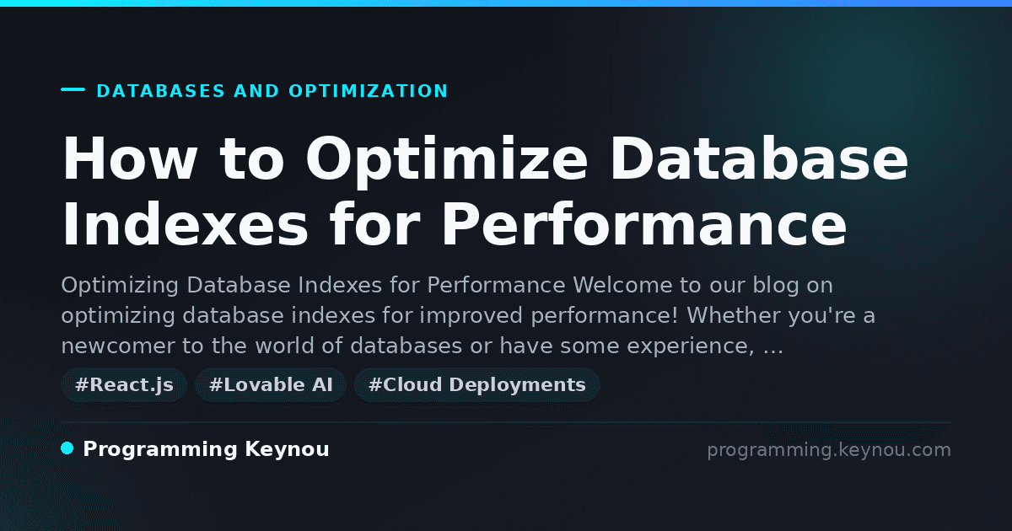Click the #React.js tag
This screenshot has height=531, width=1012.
(124, 385)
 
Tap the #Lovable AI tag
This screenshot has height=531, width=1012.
(271, 385)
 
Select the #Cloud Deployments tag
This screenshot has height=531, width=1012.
(477, 385)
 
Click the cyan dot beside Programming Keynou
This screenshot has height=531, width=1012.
(67, 448)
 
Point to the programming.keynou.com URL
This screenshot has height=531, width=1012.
(829, 450)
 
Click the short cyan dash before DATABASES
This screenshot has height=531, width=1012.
(73, 89)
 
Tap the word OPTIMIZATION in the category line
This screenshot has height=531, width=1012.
(369, 91)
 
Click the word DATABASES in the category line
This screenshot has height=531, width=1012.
(161, 91)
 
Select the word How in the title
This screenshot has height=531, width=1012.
(130, 159)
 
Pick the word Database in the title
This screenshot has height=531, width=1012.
(759, 158)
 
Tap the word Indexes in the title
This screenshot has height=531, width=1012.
(186, 224)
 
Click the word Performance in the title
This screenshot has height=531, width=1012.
(643, 224)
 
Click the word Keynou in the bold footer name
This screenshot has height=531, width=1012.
(288, 450)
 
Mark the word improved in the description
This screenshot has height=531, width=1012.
(471, 316)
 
